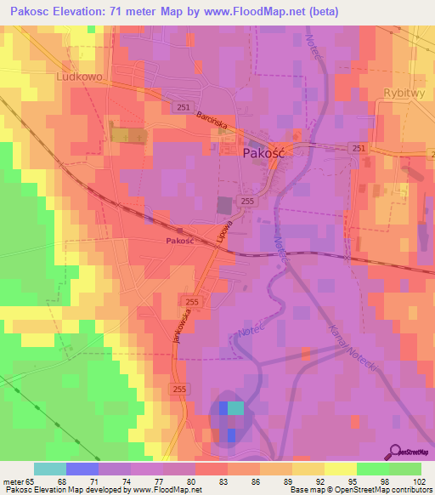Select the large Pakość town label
(268, 154)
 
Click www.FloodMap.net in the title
(280, 11)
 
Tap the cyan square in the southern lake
(235, 407)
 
